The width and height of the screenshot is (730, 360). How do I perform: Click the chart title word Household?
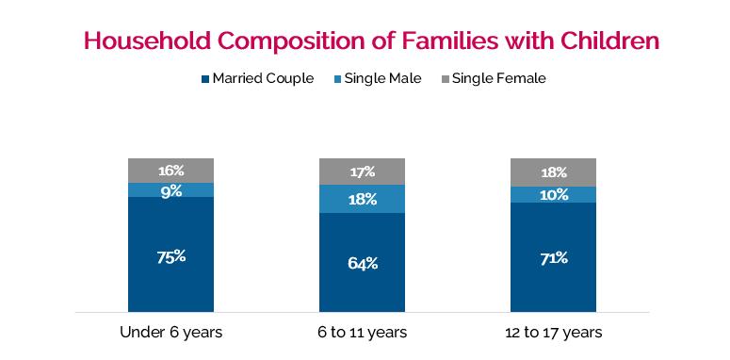(x=147, y=41)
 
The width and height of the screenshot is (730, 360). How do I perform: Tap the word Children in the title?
(x=609, y=41)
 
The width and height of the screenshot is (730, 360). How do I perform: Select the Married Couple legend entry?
(x=258, y=78)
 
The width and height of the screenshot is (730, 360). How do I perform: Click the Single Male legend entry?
(x=378, y=78)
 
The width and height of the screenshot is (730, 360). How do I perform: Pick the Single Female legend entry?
(x=493, y=78)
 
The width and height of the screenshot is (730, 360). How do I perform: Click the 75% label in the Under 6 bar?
(x=170, y=256)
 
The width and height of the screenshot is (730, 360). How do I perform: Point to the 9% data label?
(x=170, y=191)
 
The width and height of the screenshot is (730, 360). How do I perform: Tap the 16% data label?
(x=170, y=171)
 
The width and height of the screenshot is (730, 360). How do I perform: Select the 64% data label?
(x=363, y=263)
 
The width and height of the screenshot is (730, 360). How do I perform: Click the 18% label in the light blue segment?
(x=363, y=200)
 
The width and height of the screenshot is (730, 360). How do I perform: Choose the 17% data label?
(x=363, y=172)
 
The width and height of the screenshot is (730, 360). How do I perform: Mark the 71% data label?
(x=554, y=258)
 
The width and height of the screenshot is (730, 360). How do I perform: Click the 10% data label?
(x=554, y=195)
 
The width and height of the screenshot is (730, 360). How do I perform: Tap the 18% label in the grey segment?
(x=554, y=172)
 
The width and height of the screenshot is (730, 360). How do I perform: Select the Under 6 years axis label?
(x=170, y=333)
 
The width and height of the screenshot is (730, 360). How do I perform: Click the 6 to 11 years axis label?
(x=363, y=333)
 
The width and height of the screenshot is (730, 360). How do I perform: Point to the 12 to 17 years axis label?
(x=554, y=333)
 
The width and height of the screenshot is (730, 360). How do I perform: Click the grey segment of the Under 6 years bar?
(x=170, y=171)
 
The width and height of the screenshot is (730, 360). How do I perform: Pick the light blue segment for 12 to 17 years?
(x=554, y=195)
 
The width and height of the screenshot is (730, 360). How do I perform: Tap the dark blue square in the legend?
(x=205, y=79)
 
